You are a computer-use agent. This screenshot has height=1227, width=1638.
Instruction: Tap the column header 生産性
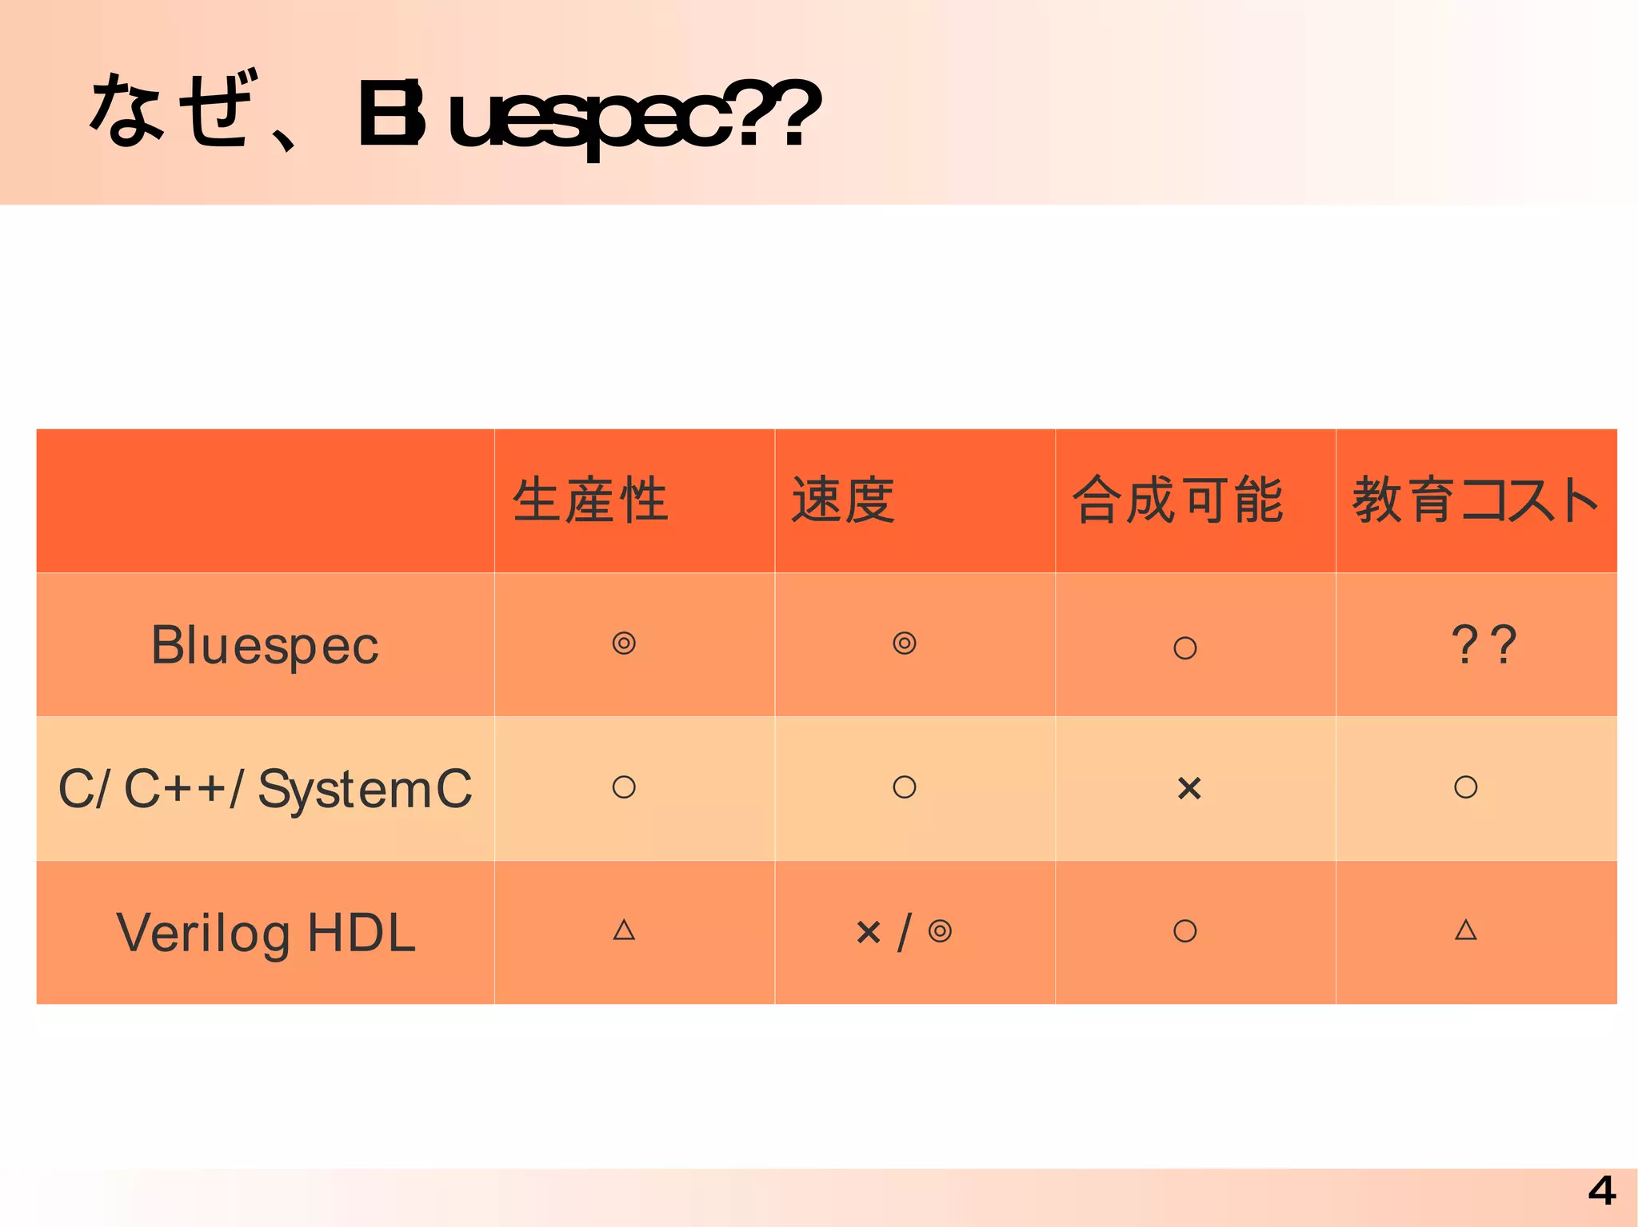pos(590,500)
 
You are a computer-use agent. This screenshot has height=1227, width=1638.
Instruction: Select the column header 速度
pos(843,500)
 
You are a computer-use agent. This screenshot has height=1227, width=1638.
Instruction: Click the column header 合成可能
pos(1178,500)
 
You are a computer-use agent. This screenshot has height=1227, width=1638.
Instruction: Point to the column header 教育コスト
pos(1475,500)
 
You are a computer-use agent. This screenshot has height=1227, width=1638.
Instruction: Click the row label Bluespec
pos(265,645)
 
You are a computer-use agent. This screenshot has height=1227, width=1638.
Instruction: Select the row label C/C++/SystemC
pos(265,789)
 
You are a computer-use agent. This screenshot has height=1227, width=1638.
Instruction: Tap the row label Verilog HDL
pos(266,933)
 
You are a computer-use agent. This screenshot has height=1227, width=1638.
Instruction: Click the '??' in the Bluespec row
pos(1483,645)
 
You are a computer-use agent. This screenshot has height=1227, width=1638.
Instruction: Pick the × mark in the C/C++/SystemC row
pos(1189,789)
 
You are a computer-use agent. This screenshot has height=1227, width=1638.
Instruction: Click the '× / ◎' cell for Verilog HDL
pos(904,932)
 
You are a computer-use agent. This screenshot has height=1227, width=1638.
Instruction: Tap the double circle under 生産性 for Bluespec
pos(624,643)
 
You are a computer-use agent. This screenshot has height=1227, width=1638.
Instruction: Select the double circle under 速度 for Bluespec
pos(905,643)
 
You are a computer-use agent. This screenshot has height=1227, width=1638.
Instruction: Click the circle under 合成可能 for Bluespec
pos(1185,647)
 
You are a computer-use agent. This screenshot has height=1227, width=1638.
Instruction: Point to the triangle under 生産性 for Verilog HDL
pos(624,930)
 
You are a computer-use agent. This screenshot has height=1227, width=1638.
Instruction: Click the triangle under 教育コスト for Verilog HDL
pos(1465,930)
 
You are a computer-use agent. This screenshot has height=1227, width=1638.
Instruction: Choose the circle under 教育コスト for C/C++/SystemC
pos(1465,787)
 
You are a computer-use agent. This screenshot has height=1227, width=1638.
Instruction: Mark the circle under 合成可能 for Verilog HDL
pos(1185,931)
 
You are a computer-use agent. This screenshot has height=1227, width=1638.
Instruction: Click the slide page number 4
pos(1601,1192)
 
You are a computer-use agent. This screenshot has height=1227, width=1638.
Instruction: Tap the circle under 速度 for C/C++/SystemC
pos(905,787)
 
